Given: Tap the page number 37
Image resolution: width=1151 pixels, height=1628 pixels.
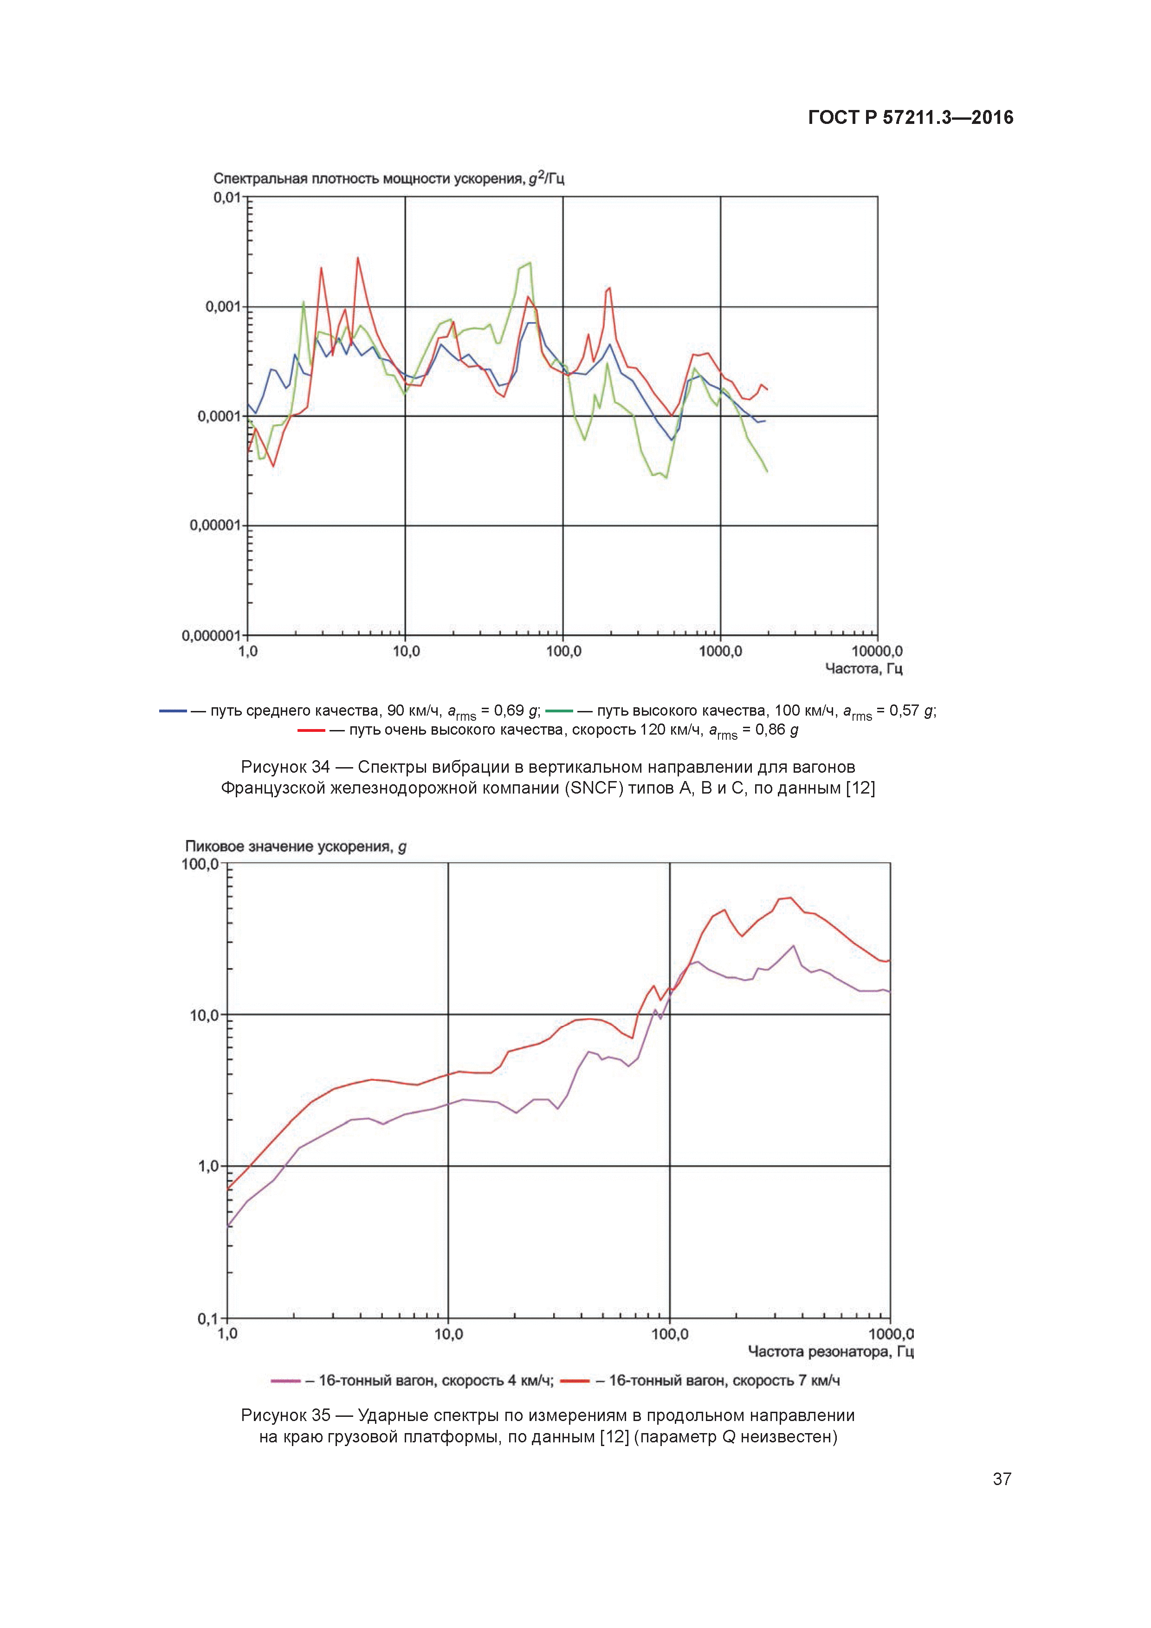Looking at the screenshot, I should point(1002,1479).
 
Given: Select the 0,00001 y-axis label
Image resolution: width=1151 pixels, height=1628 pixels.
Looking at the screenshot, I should point(215,525).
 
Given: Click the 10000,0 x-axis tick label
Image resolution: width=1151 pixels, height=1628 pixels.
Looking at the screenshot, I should point(877,651).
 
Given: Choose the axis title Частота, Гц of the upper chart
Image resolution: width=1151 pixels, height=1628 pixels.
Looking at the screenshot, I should point(863,669).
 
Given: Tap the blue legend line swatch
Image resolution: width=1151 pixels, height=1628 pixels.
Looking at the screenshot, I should point(172,711).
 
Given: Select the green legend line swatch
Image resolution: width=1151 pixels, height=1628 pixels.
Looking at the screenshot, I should point(559,711).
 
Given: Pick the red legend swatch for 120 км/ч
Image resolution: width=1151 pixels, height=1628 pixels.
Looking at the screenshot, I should point(310,730).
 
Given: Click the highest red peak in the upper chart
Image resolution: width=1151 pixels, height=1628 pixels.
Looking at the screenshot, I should point(357,258).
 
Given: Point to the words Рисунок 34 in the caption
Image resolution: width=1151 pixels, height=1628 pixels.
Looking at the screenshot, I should point(285,767).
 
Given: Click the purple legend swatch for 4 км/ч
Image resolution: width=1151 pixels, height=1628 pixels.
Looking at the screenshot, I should point(286,1381).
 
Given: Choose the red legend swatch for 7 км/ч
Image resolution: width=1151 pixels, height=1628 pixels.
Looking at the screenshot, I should point(575,1381).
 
